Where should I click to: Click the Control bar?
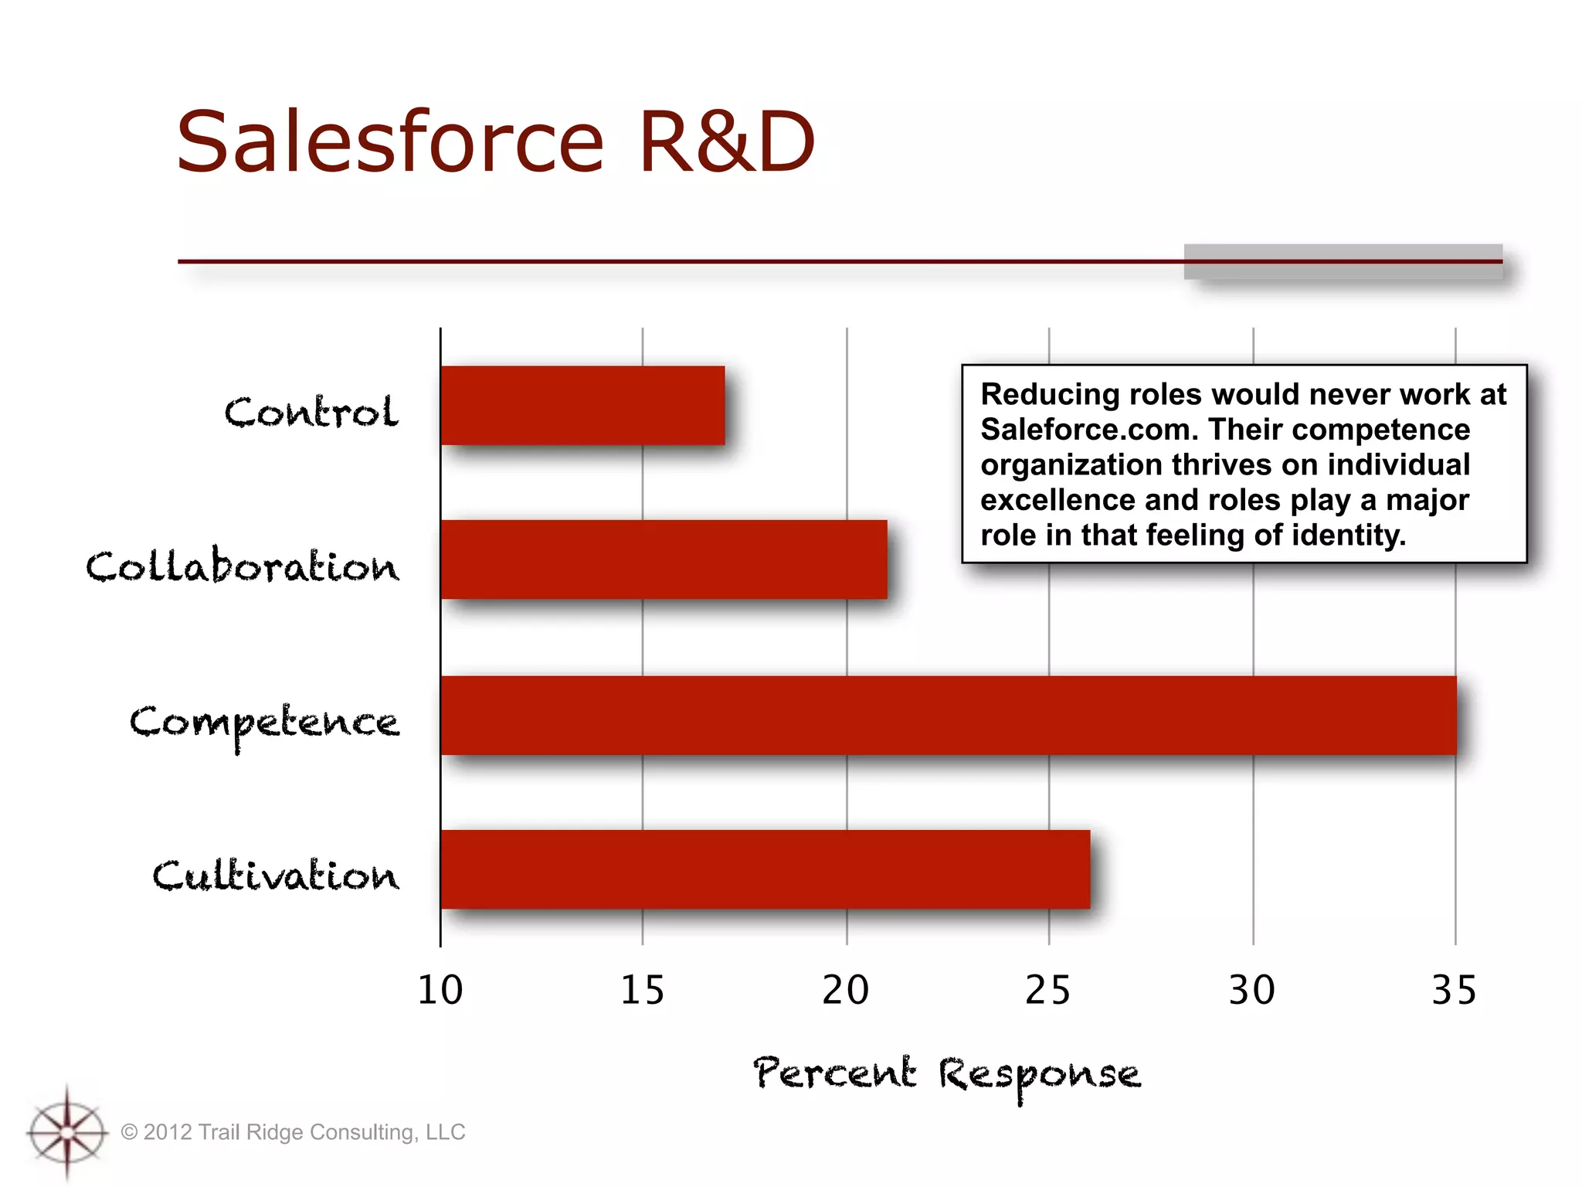point(582,406)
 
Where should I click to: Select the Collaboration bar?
point(664,559)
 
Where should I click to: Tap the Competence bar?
point(948,715)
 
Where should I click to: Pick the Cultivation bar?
point(765,869)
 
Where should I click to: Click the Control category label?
point(311,411)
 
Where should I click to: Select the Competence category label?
point(264,723)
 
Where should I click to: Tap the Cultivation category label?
point(275,876)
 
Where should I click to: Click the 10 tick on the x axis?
point(440,990)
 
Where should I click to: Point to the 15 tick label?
point(642,990)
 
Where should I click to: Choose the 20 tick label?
point(845,990)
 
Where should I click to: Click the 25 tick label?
point(1047,990)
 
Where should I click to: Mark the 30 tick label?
point(1251,990)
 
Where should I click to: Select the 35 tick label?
point(1454,990)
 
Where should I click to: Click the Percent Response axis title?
point(946,1075)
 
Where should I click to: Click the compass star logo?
point(67,1132)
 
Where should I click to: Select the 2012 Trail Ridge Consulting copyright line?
point(294,1132)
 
